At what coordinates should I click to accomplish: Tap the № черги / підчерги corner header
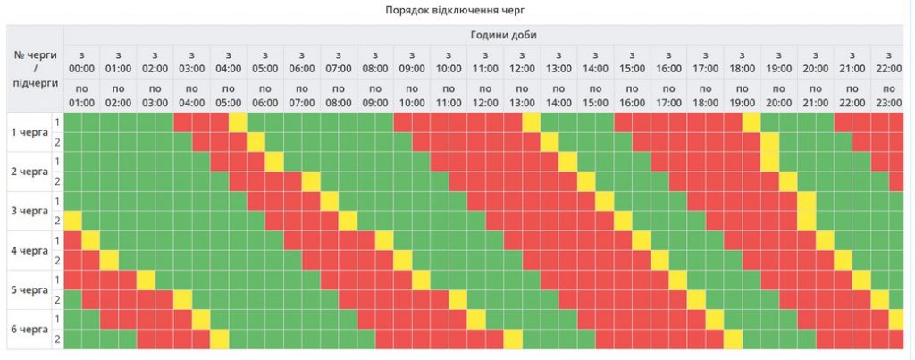tap(36, 69)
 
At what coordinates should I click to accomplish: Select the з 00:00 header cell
tap(81, 61)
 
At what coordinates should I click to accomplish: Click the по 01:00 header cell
tap(81, 96)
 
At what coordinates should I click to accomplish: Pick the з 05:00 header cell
tap(265, 61)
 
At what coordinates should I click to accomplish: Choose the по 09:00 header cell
tap(375, 96)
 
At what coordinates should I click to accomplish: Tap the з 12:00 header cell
tap(522, 61)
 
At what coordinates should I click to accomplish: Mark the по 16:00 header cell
tap(632, 96)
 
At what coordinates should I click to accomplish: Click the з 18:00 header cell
tap(742, 61)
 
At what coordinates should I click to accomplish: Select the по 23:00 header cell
tap(888, 96)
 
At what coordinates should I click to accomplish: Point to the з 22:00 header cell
tap(888, 61)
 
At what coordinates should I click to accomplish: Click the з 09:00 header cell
tap(412, 61)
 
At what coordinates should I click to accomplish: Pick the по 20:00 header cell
tap(778, 96)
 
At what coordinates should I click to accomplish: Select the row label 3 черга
tap(29, 211)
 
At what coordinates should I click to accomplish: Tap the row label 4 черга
tap(29, 250)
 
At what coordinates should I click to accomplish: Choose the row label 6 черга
tap(29, 329)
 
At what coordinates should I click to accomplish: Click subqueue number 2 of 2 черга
tap(58, 181)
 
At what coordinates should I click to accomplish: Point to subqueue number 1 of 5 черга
tap(58, 280)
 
